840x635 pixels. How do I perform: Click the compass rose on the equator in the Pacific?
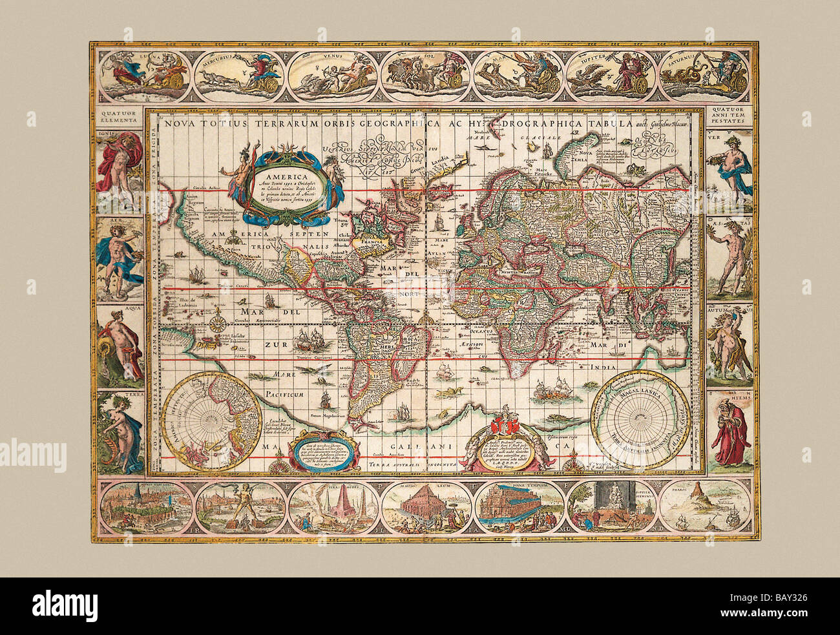click(220, 319)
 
